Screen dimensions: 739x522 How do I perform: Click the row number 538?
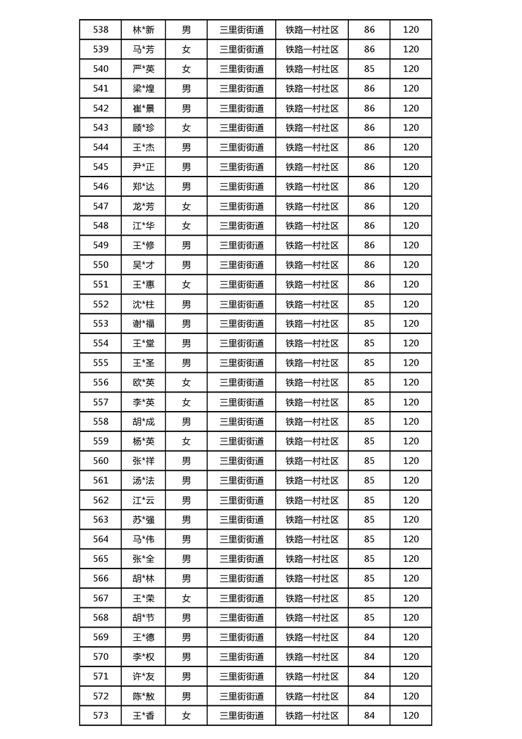101,30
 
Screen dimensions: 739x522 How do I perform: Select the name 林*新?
144,30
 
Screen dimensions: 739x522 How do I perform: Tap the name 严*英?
144,68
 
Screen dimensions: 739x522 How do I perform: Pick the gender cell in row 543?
186,128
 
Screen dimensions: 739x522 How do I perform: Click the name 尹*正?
144,167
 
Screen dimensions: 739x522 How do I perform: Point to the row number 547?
101,206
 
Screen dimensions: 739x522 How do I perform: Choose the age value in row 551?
369,285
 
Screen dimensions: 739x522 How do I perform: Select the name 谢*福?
144,323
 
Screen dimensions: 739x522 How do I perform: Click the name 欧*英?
144,383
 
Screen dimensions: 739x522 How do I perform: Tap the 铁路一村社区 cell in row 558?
312,422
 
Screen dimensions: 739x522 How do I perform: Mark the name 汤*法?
144,480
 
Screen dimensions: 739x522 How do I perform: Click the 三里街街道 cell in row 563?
242,520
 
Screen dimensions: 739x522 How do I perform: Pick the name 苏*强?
144,520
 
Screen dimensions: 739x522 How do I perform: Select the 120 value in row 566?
411,578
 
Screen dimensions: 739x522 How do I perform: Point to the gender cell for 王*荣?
186,598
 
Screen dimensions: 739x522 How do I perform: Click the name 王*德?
144,637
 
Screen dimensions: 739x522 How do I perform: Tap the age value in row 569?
369,637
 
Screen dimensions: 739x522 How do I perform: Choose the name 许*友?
144,676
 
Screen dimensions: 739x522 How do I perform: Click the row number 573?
101,715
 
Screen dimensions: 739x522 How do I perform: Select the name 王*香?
144,715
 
